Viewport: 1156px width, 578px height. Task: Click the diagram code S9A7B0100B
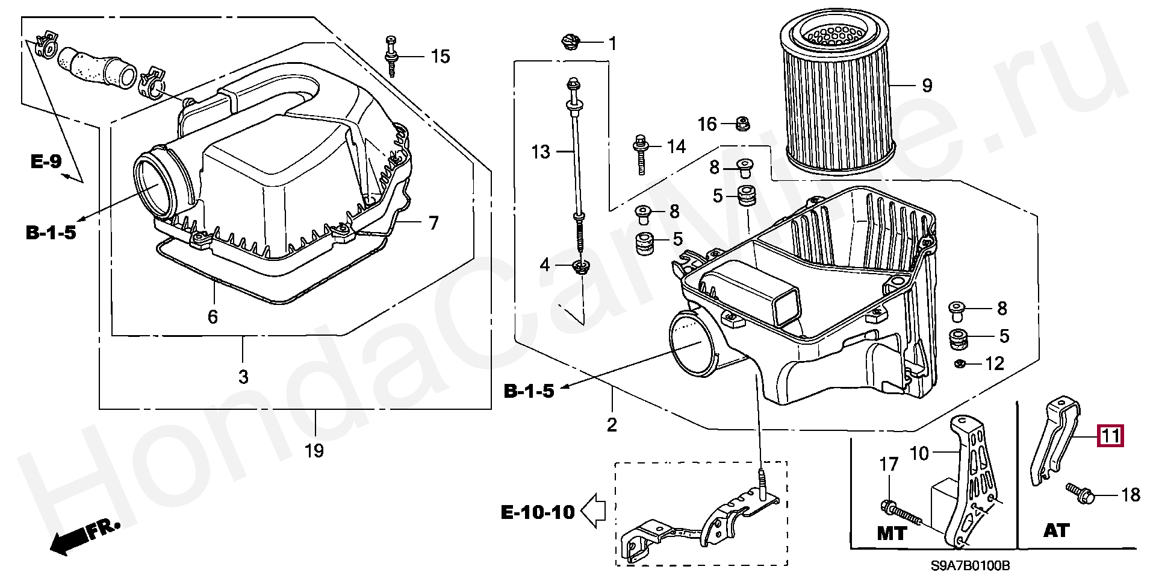(969, 566)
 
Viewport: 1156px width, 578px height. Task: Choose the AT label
(1056, 530)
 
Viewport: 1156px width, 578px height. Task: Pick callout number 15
(440, 57)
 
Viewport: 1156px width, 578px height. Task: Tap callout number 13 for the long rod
(541, 151)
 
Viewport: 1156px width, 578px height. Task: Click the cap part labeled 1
(570, 43)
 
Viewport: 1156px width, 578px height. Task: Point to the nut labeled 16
(743, 125)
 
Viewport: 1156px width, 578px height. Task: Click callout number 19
(314, 450)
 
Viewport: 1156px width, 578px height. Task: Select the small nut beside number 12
(962, 363)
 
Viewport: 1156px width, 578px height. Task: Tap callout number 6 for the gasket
(213, 316)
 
